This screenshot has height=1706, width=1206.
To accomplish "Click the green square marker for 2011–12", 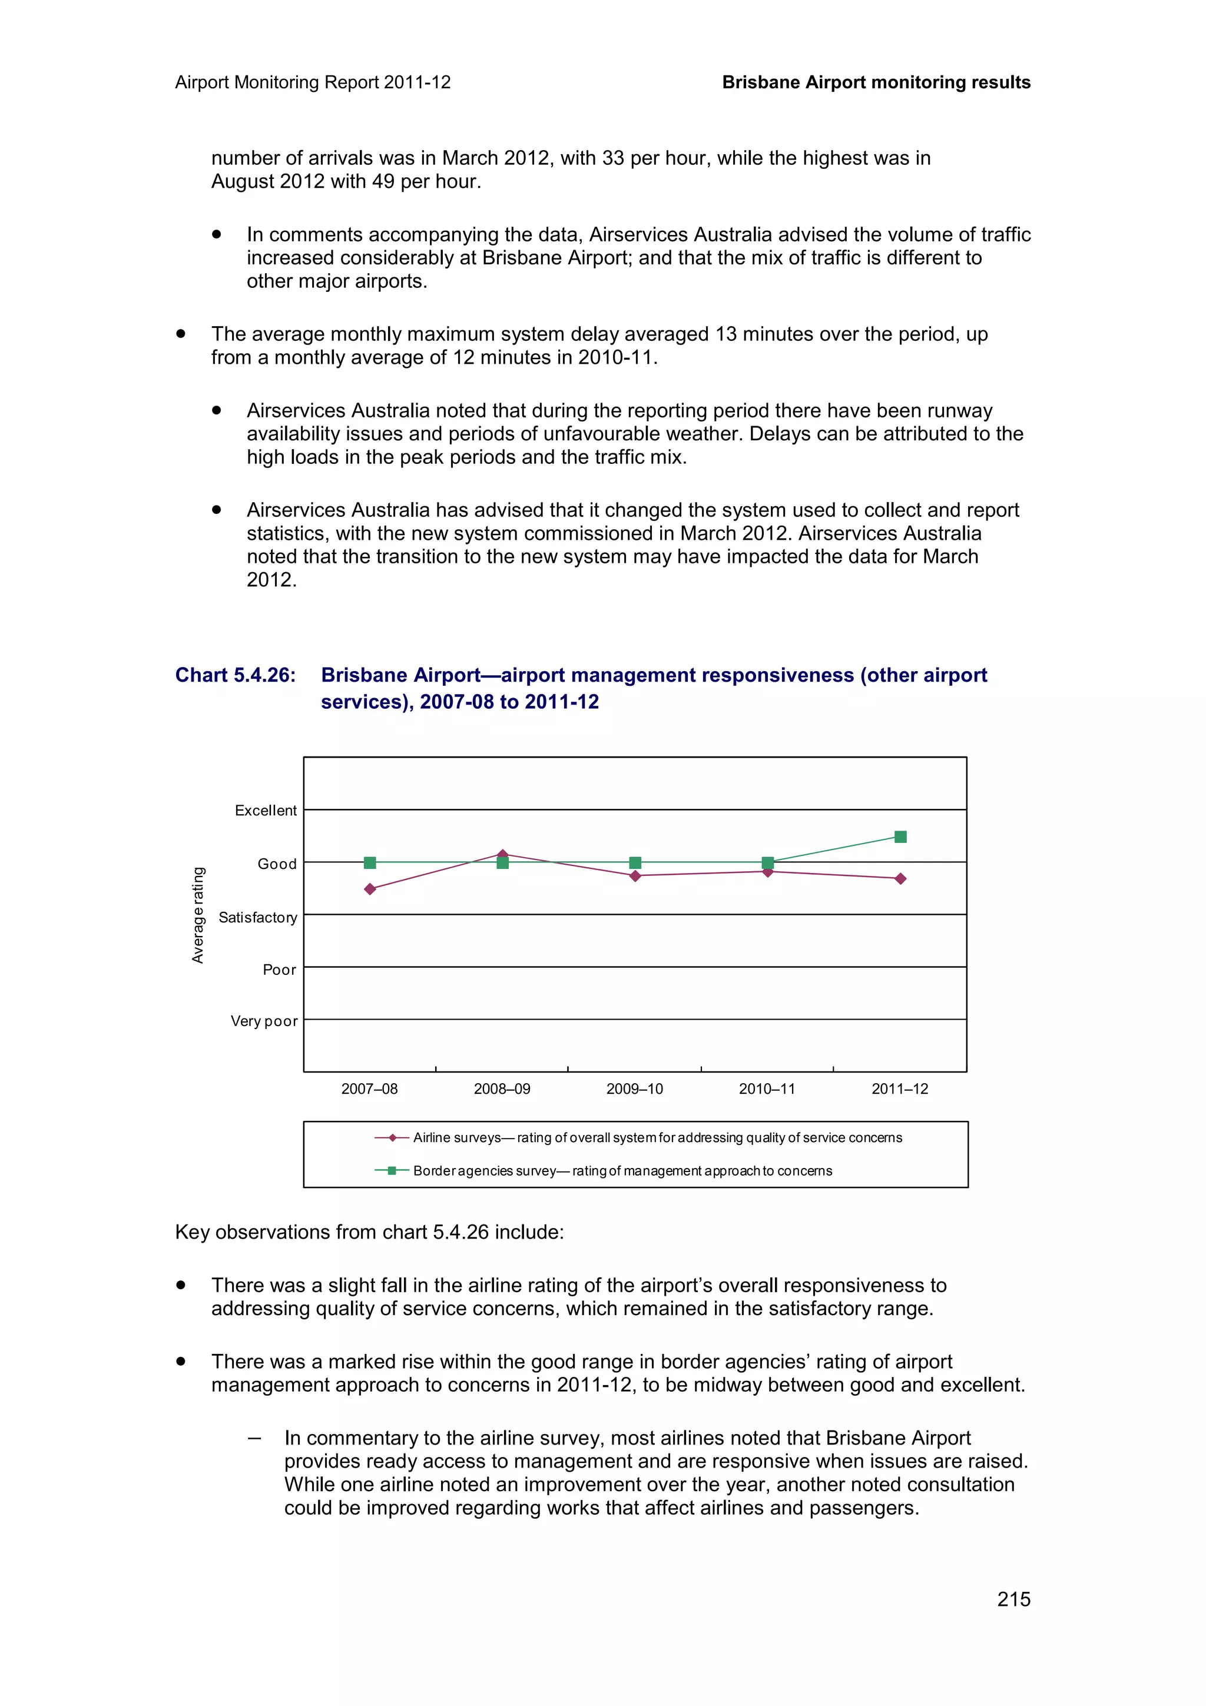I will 900,837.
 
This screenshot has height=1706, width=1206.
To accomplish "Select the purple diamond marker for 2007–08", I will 370,889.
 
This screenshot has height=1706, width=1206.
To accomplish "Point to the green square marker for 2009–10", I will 635,862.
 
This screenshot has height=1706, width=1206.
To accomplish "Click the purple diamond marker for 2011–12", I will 900,878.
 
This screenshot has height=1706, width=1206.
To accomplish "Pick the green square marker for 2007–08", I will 370,862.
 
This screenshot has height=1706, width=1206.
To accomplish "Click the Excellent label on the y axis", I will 265,811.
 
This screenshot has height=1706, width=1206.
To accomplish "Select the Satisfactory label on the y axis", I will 257,918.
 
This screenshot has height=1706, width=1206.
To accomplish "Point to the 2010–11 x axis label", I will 767,1088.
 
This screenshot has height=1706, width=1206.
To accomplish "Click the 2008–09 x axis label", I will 502,1088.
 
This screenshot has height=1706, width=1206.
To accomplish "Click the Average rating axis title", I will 198,915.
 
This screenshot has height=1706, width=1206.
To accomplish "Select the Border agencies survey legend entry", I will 622,1171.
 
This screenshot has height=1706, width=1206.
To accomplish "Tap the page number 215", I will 1013,1599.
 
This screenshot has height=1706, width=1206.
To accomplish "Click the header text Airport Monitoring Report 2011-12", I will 313,82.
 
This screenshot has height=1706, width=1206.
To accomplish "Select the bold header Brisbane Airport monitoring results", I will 876,82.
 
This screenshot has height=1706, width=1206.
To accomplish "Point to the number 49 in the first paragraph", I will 383,181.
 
